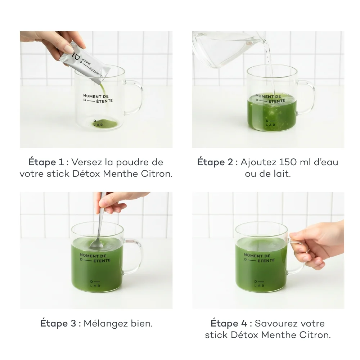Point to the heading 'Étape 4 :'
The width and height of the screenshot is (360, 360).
[x=231, y=323]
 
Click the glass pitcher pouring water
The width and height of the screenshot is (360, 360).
[x=227, y=49]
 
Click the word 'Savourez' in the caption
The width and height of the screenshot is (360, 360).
[x=275, y=323]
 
